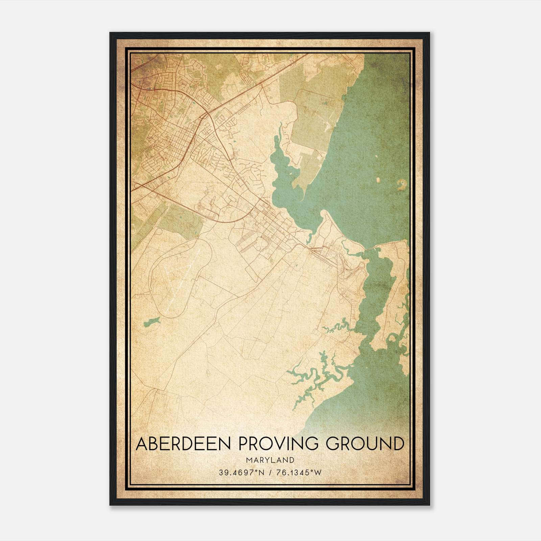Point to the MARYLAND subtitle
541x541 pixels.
coord(270,460)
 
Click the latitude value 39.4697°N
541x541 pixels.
coord(240,473)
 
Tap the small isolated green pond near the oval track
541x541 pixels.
coord(151,322)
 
